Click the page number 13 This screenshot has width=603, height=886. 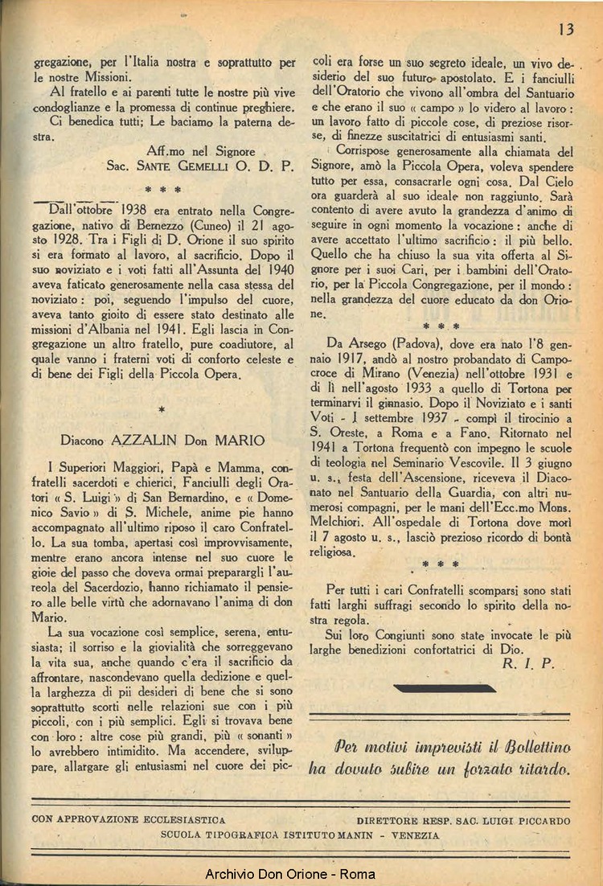pos(565,29)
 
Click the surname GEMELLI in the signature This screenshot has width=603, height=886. pos(211,166)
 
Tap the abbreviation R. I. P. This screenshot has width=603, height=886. pos(527,663)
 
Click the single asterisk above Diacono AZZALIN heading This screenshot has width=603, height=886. pos(162,410)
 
